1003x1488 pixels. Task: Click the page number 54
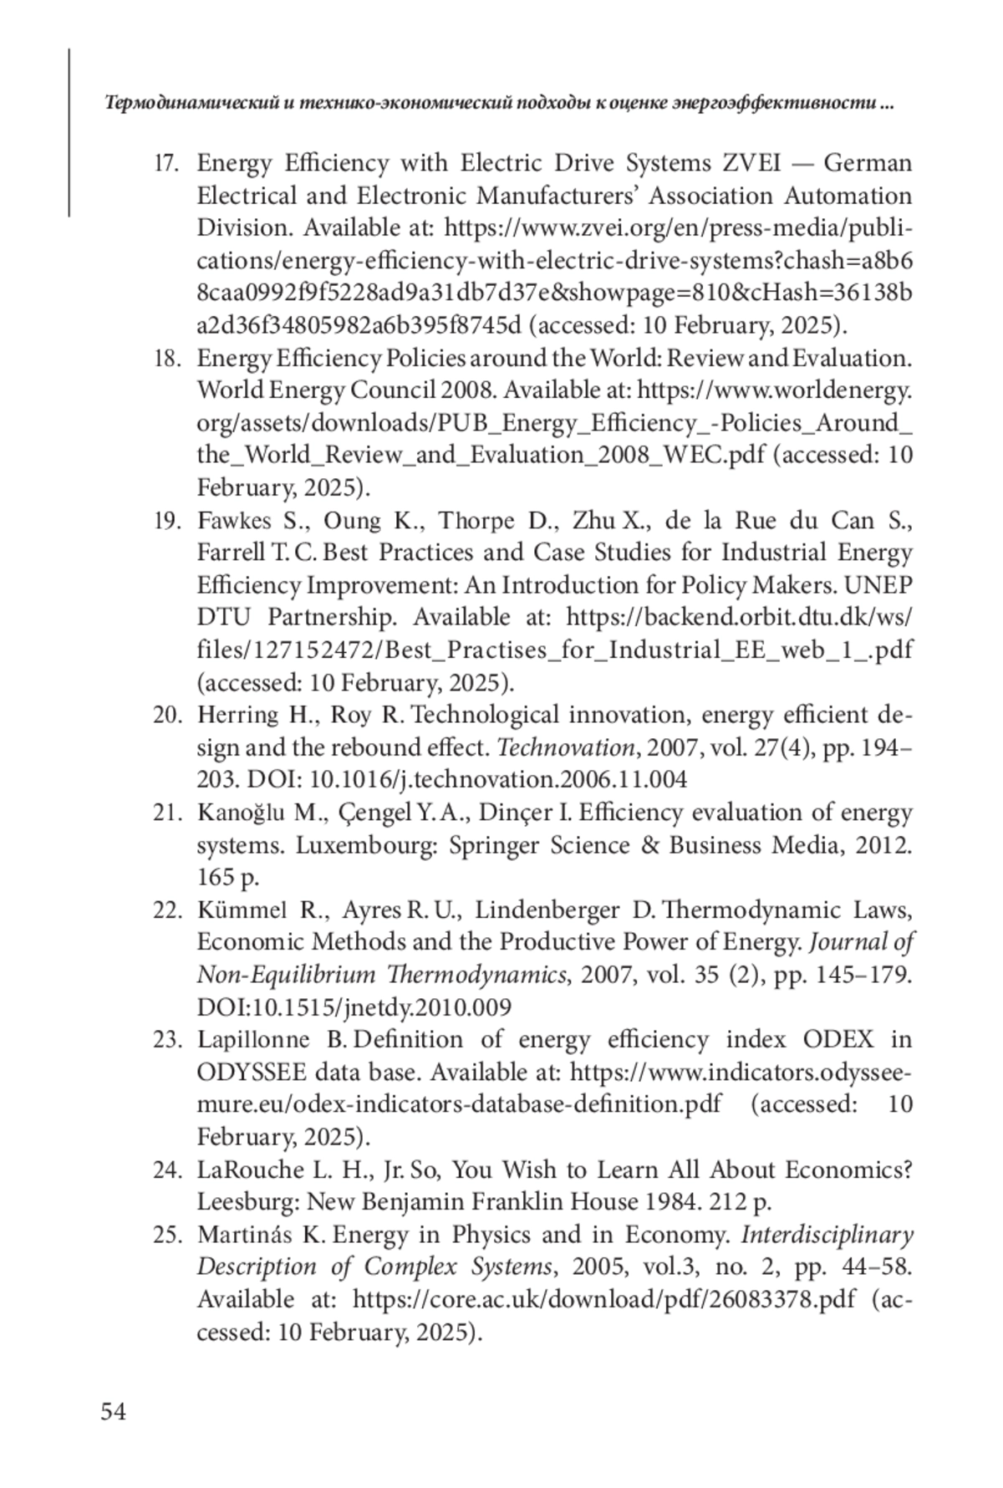click(x=114, y=1412)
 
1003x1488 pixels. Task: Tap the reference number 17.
click(x=167, y=163)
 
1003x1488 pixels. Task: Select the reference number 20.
click(x=167, y=716)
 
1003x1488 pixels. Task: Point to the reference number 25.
click(x=167, y=1235)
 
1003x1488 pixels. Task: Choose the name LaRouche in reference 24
click(x=242, y=1170)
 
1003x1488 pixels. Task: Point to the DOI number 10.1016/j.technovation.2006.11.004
click(x=498, y=780)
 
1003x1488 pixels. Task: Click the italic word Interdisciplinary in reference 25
click(x=827, y=1235)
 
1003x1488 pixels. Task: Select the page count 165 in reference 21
click(x=216, y=878)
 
